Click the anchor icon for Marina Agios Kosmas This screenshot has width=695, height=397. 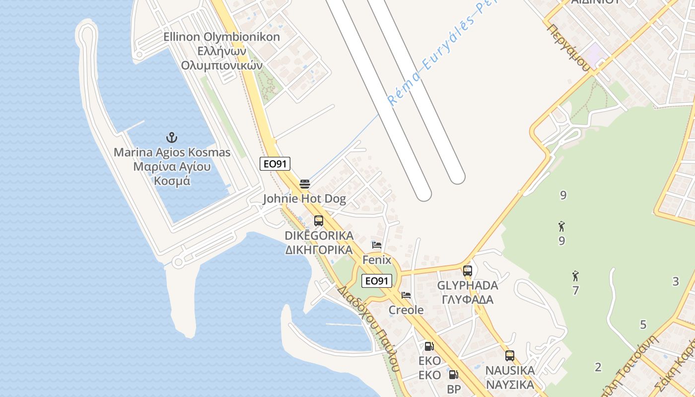pos(172,137)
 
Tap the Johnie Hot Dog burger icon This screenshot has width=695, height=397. pos(305,184)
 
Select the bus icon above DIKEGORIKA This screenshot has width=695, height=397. pos(319,221)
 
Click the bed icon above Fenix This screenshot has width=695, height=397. pos(377,245)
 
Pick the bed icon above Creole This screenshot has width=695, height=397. pos(406,295)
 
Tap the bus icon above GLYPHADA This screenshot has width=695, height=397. pos(468,270)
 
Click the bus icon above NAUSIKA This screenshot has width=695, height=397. pos(510,356)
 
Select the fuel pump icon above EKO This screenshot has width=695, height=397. pos(429,346)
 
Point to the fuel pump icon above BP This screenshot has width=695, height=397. pos(453,375)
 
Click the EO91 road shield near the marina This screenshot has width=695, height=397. pos(275,164)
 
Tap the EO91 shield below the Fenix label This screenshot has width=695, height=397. pos(376,281)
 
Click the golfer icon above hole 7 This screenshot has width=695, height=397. pos(575,276)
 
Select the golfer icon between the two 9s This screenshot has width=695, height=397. pos(561,226)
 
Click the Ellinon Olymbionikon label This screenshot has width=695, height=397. pos(222,37)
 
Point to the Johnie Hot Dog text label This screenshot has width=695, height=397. pos(304,199)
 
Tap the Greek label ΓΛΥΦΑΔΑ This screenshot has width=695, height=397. pos(468,300)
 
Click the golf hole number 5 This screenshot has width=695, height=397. pos(643,325)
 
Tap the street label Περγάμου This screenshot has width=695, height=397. pos(569,48)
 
